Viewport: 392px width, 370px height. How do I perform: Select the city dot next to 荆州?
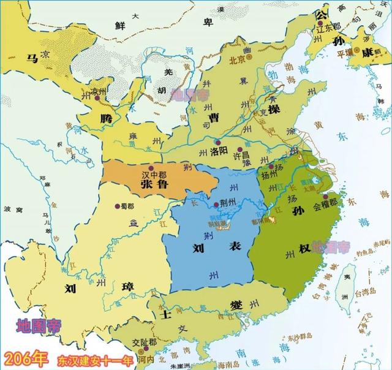[x=216, y=203]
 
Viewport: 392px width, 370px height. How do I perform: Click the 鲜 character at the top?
[x=121, y=25]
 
